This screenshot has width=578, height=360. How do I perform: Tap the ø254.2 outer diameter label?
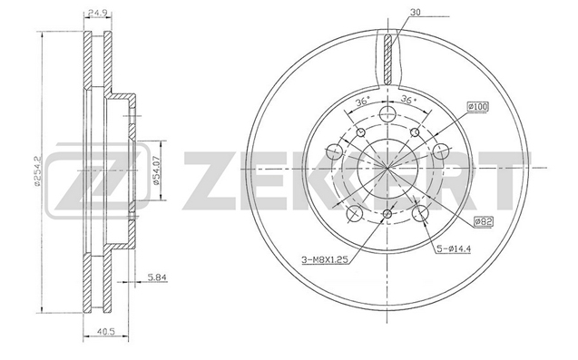pyautogui.click(x=36, y=170)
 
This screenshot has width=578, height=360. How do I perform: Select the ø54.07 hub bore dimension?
pyautogui.click(x=156, y=170)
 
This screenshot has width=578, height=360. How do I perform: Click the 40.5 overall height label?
pyautogui.click(x=107, y=331)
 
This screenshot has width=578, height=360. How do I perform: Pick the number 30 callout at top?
pyautogui.click(x=416, y=12)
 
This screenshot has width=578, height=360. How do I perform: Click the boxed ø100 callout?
pyautogui.click(x=477, y=107)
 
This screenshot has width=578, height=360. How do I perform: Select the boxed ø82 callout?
pyautogui.click(x=484, y=221)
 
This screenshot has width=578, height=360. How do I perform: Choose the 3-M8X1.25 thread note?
pyautogui.click(x=326, y=260)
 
